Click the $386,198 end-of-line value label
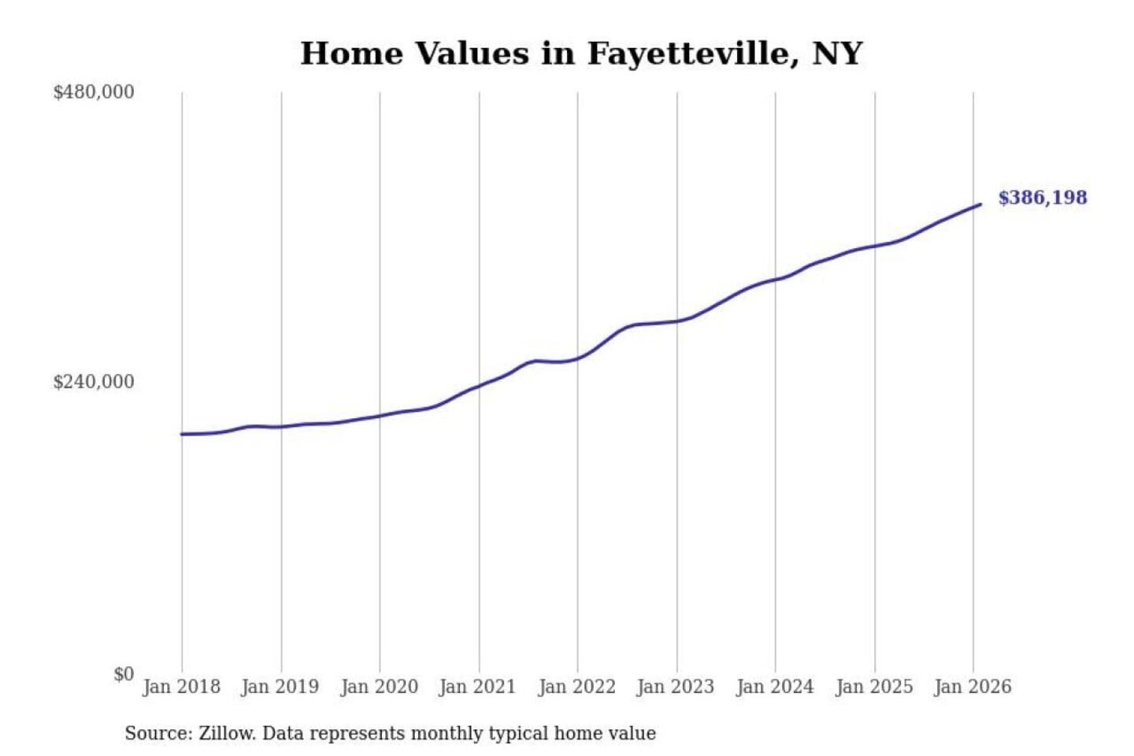coord(1042,198)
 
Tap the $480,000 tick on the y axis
coord(94,92)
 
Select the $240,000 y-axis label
coord(94,382)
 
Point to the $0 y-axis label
coord(124,674)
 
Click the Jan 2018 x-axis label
coord(181,687)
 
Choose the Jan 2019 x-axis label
coord(280,687)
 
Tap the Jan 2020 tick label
coord(379,687)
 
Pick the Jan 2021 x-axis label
coord(477,687)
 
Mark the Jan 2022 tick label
coord(576,687)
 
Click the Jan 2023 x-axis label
coord(675,687)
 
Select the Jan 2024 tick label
coord(774,687)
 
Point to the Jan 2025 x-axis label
coord(873,687)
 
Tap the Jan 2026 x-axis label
coord(972,687)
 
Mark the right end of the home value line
coord(980,205)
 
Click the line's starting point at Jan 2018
coord(182,434)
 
